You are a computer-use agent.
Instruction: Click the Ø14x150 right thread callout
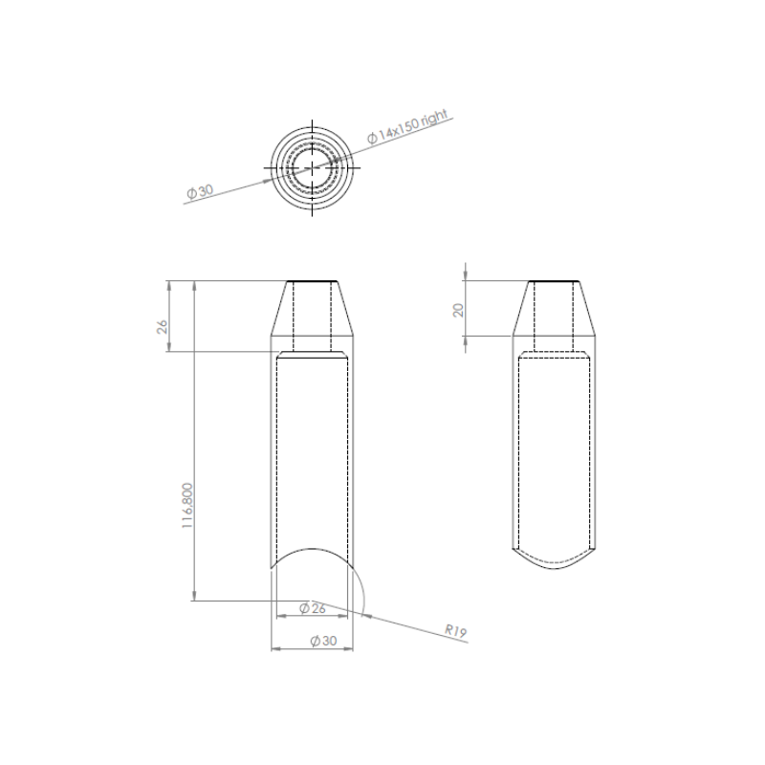tap(407, 126)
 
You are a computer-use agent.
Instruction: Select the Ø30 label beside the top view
tap(200, 191)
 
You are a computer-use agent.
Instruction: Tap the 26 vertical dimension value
tap(162, 326)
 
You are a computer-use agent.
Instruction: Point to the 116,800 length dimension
tap(187, 506)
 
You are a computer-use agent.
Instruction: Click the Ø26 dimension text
tap(313, 608)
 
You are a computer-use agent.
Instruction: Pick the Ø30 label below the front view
tap(323, 641)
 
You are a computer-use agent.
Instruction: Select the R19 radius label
tap(456, 631)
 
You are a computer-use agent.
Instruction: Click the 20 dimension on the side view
tap(459, 310)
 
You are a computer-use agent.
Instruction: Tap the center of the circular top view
tap(313, 168)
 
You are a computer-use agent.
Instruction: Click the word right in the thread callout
tap(434, 119)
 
